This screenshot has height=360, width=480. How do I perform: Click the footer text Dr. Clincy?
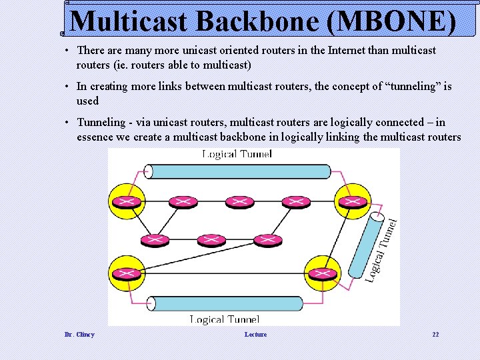click(79, 334)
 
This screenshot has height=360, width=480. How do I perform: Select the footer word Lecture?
click(255, 334)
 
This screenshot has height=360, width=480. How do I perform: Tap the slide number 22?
click(435, 334)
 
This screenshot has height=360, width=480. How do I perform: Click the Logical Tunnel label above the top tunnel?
click(237, 155)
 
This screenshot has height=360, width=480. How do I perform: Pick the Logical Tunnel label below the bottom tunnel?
click(225, 320)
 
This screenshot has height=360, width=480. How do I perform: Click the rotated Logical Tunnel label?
click(382, 250)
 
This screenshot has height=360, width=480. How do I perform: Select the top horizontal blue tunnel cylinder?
click(238, 171)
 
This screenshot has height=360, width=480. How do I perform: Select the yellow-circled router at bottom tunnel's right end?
click(323, 273)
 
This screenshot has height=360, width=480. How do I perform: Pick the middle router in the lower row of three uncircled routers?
click(211, 239)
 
